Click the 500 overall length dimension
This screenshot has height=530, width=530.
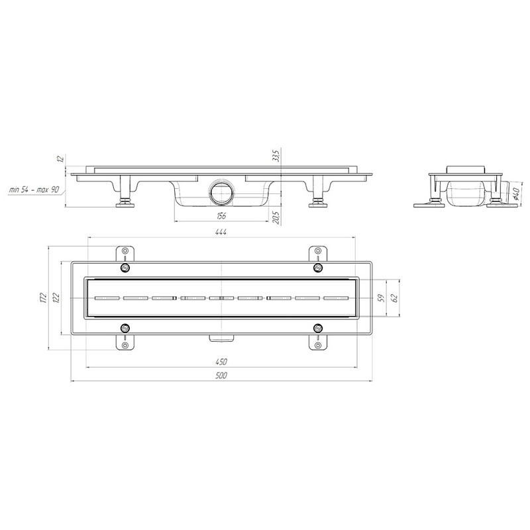tap(221, 375)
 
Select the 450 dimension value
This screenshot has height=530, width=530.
tap(221, 362)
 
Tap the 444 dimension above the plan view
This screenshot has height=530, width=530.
tap(221, 232)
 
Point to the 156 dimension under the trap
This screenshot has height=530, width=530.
tap(221, 216)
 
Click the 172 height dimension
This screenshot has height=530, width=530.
tap(42, 297)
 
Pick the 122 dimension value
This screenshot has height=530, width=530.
tap(56, 297)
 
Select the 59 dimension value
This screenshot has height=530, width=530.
tap(382, 297)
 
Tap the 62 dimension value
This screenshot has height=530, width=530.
tap(395, 297)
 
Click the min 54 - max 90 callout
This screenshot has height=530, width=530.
tap(34, 189)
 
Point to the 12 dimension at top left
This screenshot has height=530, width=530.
tap(62, 158)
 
